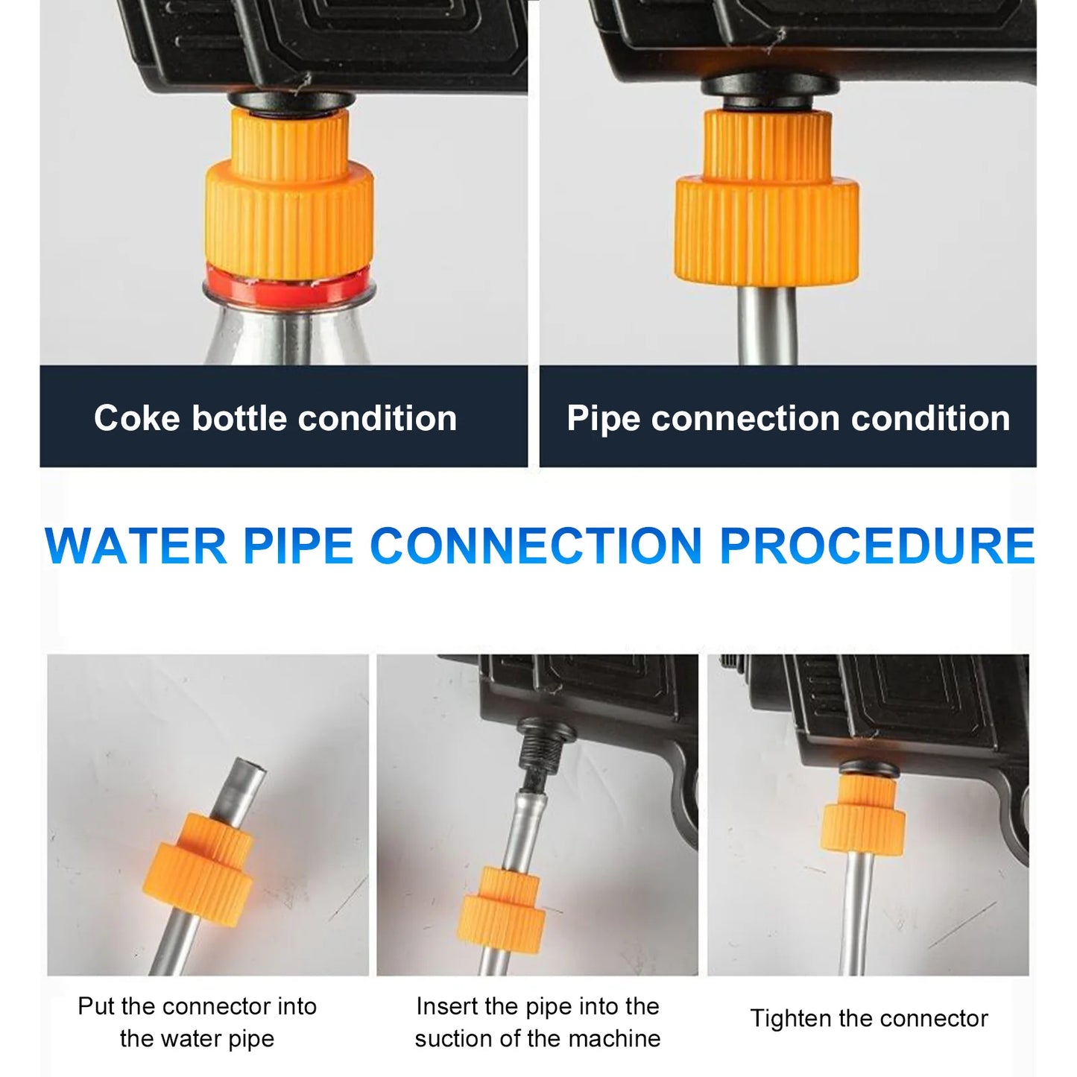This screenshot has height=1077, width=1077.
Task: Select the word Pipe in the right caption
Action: [x=602, y=418]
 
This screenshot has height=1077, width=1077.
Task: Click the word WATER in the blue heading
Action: [x=136, y=546]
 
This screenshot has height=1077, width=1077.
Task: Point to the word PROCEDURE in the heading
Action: [x=877, y=546]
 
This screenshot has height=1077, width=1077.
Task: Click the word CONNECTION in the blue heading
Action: [x=536, y=546]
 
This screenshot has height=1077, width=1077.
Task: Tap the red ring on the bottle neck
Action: [x=287, y=284]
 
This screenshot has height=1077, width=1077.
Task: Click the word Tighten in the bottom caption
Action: [x=786, y=1018]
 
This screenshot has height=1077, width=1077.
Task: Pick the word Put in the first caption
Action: [x=95, y=1006]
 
